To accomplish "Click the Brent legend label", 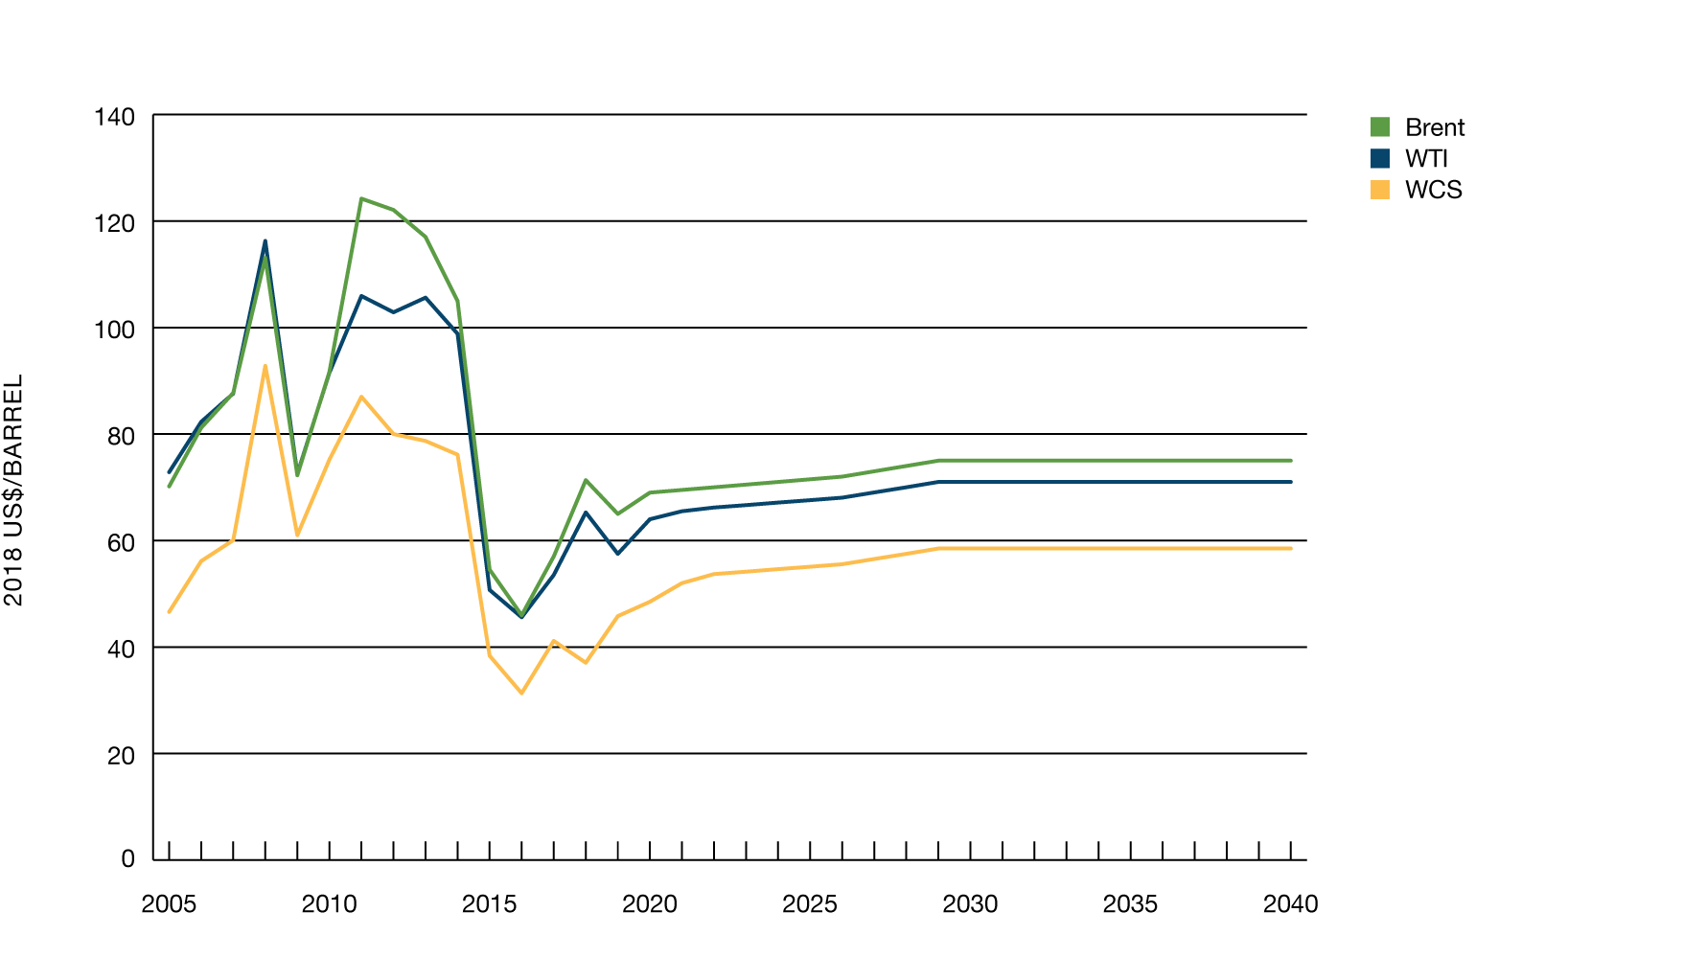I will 1434,127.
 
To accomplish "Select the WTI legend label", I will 1425,159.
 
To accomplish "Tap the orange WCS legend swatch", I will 1379,190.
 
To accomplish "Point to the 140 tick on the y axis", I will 114,117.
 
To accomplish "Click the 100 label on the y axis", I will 114,330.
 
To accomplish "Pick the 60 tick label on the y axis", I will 121,543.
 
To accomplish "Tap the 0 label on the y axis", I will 127,859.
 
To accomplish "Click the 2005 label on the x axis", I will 169,903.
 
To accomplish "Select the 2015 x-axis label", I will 489,903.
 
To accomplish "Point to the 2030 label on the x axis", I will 969,903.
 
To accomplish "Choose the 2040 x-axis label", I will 1290,903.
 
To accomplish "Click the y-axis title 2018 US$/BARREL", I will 13,490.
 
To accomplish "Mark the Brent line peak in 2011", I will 361,198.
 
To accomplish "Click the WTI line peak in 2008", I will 265,240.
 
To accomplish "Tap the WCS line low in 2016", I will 521,693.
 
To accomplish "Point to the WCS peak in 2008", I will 265,366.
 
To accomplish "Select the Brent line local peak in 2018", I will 586,480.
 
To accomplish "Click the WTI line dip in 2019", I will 618,554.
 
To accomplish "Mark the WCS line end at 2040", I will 1290,549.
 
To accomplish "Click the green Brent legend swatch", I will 1379,127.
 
